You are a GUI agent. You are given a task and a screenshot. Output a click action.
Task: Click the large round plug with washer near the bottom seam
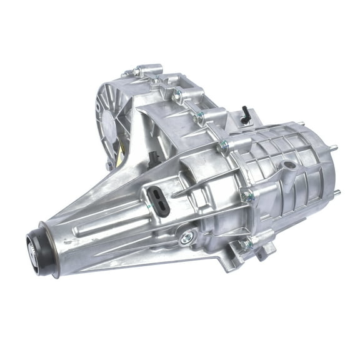click(186, 237)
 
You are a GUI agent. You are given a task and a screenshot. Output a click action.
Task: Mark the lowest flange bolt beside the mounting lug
click(245, 244)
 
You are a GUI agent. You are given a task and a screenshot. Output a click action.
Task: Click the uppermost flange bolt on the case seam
click(179, 95)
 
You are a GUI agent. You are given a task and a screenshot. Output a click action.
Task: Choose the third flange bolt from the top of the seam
click(222, 147)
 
